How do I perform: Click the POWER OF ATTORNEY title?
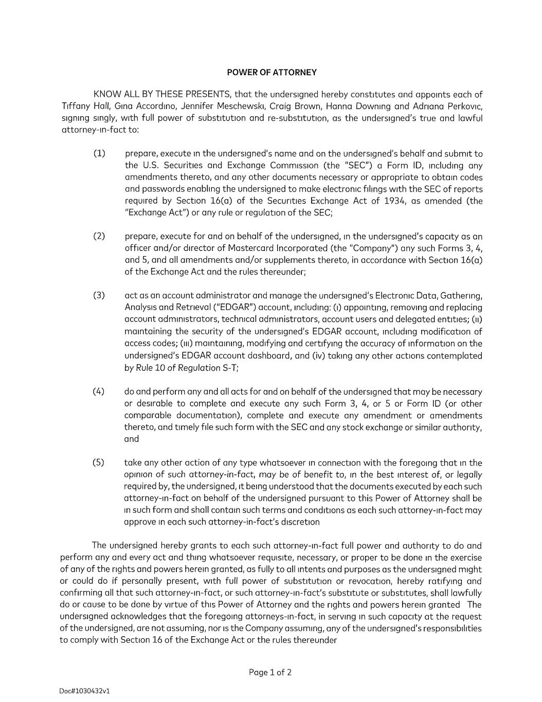click(x=272, y=73)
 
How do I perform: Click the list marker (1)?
click(x=99, y=153)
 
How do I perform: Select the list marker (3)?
click(x=99, y=295)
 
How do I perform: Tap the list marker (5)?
click(x=98, y=462)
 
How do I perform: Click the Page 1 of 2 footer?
click(x=270, y=672)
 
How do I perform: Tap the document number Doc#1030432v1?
click(x=85, y=691)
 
